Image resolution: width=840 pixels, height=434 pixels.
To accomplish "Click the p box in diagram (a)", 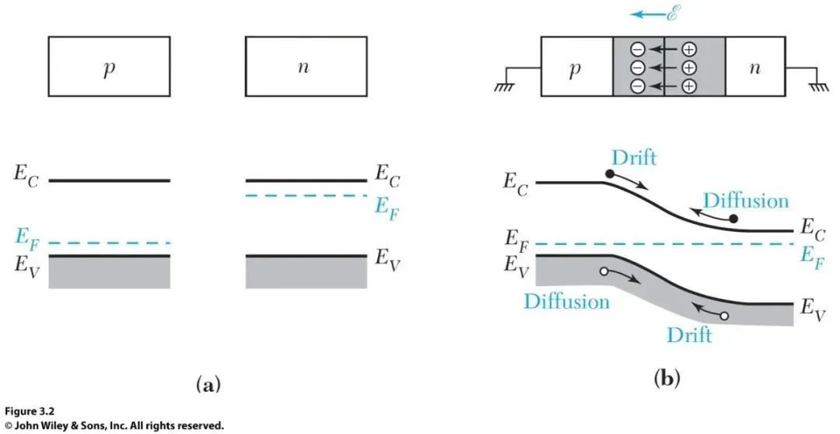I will pyautogui.click(x=108, y=66).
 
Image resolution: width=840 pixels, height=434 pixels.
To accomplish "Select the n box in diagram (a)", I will pyautogui.click(x=304, y=66).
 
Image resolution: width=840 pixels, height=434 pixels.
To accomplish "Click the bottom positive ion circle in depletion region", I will pyautogui.click(x=689, y=86).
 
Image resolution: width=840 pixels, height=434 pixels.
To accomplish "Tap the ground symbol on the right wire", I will pyautogui.click(x=819, y=88).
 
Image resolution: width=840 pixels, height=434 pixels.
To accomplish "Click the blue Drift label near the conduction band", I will pyautogui.click(x=635, y=157).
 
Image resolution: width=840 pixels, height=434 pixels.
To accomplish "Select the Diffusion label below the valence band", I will pyautogui.click(x=566, y=301).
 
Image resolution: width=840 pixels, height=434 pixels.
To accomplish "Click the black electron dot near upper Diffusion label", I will pyautogui.click(x=733, y=219).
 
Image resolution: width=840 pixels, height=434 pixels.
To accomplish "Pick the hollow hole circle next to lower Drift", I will pyautogui.click(x=724, y=316).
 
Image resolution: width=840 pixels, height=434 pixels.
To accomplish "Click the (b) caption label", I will pyautogui.click(x=667, y=380).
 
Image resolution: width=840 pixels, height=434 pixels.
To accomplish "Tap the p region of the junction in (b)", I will pyautogui.click(x=576, y=68).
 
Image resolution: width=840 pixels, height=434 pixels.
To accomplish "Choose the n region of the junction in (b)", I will pyautogui.click(x=754, y=68).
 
